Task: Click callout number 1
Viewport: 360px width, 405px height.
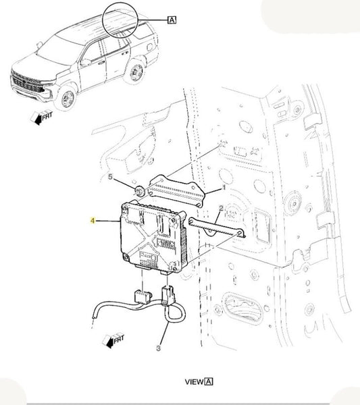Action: pos(224,188)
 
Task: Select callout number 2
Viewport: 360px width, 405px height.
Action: pos(221,208)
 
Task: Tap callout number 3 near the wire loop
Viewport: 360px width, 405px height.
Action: pos(159,348)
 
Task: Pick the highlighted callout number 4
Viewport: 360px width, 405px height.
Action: pos(93,221)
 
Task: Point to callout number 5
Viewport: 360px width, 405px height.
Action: pos(110,177)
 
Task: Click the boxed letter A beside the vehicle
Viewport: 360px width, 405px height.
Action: pos(172,20)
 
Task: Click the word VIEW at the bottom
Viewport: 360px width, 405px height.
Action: pos(194,382)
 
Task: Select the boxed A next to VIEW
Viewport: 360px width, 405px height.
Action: pos(209,381)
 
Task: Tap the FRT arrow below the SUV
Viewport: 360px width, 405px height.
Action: pos(41,117)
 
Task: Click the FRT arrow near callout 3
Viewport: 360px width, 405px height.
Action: pos(113,341)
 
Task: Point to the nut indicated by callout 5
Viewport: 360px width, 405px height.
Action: pos(140,192)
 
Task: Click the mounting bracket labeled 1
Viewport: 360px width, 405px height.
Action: pos(177,190)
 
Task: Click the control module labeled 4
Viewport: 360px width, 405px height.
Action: pos(153,236)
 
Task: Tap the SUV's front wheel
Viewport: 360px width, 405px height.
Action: pos(68,98)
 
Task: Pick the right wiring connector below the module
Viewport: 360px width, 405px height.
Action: pos(168,294)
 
